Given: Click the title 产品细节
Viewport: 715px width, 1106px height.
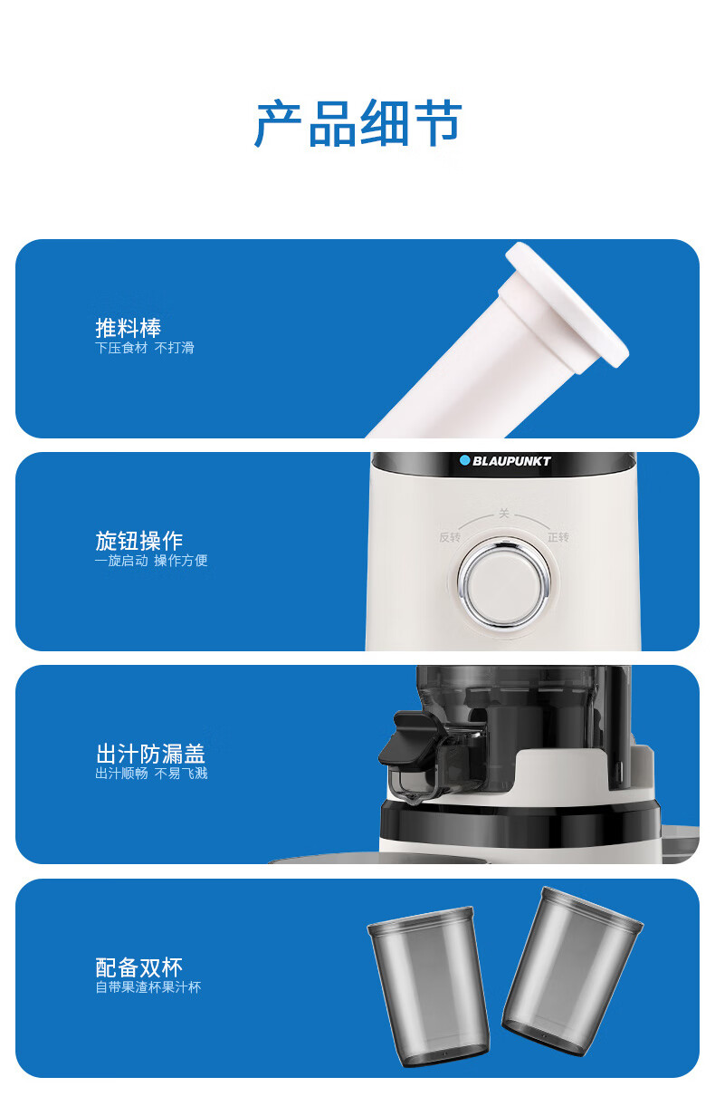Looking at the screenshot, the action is pos(358,123).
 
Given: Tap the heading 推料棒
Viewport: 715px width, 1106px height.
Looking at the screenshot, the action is pos(129,328).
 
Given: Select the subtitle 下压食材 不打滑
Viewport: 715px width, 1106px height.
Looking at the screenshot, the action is pos(145,348).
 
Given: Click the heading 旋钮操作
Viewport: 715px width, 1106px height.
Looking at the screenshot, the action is pos(139,541).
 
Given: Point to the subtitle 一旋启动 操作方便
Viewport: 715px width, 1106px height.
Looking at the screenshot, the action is pos(151,561).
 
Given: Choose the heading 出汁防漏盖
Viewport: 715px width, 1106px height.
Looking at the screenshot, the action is pos(150,754).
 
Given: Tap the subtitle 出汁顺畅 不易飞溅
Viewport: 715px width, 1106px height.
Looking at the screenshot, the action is pos(151,774).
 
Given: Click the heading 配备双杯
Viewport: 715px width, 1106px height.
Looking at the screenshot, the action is pos(139,967).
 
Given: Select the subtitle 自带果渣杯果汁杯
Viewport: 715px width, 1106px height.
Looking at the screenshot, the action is pos(148,987).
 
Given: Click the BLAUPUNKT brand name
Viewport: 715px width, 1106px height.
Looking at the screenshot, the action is pos(511,461).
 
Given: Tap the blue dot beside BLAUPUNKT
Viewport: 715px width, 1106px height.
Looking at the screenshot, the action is pos(464,461).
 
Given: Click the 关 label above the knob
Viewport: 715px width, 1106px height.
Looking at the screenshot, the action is pos(504,514).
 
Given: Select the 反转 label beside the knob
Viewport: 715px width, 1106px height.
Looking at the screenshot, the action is pos(450,537).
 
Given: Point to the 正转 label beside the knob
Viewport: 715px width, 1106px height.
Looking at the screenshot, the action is pos(558,537).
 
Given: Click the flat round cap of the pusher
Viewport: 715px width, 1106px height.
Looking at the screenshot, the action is pos(567,304).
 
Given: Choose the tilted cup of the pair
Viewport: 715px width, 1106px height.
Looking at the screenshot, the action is pos(572,971).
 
